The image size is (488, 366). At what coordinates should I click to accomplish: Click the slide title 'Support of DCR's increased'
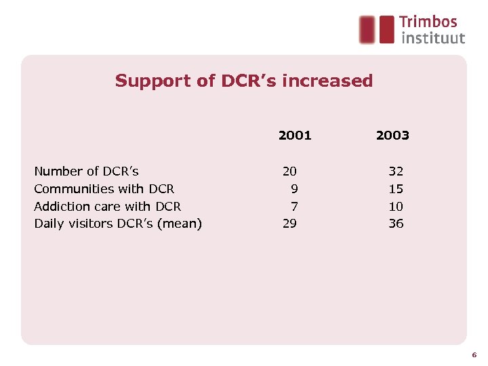point(244,81)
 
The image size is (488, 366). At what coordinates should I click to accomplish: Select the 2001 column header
point(295,136)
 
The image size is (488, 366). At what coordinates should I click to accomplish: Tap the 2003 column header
point(392,136)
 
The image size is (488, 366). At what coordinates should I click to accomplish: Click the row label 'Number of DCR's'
point(86,171)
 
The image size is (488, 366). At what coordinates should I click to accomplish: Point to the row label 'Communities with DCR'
point(104,189)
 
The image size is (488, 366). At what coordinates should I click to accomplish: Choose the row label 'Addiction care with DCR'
point(107,206)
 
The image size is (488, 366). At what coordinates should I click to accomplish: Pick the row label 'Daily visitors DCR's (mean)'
point(118,224)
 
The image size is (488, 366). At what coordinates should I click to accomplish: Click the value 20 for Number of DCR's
point(289,171)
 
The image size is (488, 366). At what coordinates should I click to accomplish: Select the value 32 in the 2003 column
point(396,171)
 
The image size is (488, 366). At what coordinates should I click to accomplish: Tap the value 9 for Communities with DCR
point(294,189)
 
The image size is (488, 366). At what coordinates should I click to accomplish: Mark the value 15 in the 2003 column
point(396,189)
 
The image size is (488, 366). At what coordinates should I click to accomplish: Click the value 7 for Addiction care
point(294,206)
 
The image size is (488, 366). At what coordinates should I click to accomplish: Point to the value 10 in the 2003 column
point(396,206)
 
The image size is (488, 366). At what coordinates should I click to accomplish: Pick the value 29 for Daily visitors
point(289,224)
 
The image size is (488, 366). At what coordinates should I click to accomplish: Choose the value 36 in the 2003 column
point(396,224)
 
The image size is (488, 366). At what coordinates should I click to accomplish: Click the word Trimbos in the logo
point(428,22)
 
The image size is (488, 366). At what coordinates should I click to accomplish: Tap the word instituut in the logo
point(433,38)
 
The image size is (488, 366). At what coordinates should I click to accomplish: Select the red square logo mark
point(377,30)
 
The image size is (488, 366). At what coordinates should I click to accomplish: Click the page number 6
point(474,354)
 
